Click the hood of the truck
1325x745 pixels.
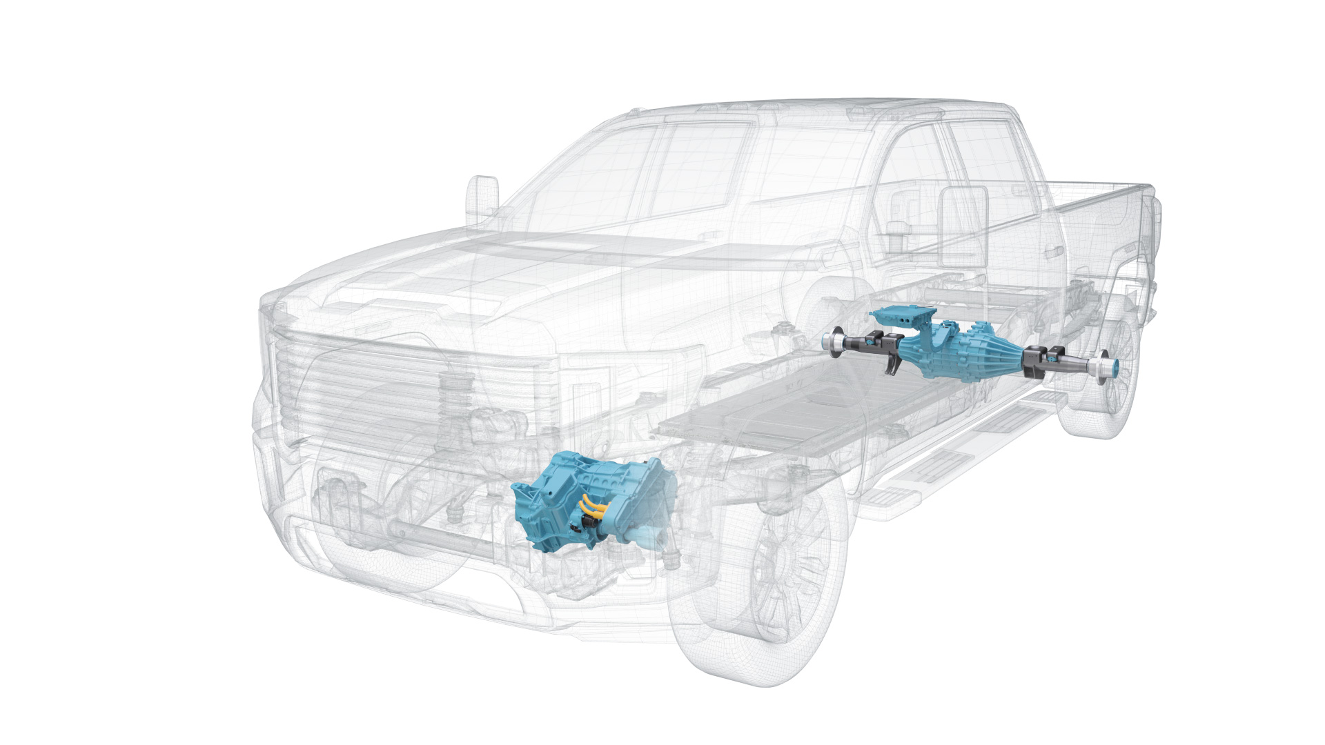pyautogui.click(x=483, y=269)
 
